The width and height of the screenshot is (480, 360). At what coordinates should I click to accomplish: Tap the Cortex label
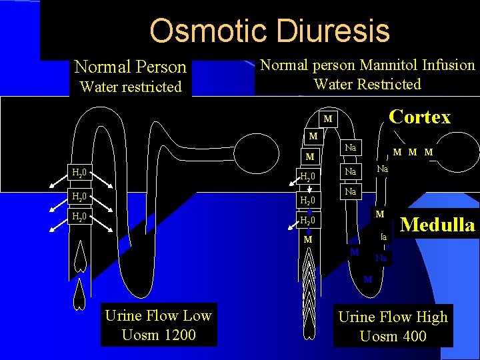pyautogui.click(x=419, y=117)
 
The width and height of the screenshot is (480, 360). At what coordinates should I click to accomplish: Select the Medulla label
pyautogui.click(x=437, y=225)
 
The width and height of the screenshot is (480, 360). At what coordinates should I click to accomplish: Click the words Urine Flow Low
pyautogui.click(x=159, y=316)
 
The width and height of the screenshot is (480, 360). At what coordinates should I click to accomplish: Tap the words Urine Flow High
pyautogui.click(x=393, y=317)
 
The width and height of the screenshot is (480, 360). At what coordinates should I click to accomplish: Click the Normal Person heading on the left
pyautogui.click(x=131, y=67)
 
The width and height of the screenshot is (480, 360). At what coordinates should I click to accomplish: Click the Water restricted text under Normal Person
pyautogui.click(x=131, y=87)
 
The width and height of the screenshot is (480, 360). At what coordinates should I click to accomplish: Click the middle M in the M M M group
pyautogui.click(x=413, y=153)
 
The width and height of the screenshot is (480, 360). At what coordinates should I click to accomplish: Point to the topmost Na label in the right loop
pyautogui.click(x=351, y=147)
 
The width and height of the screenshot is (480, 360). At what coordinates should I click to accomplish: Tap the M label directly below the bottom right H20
pyautogui.click(x=308, y=239)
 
